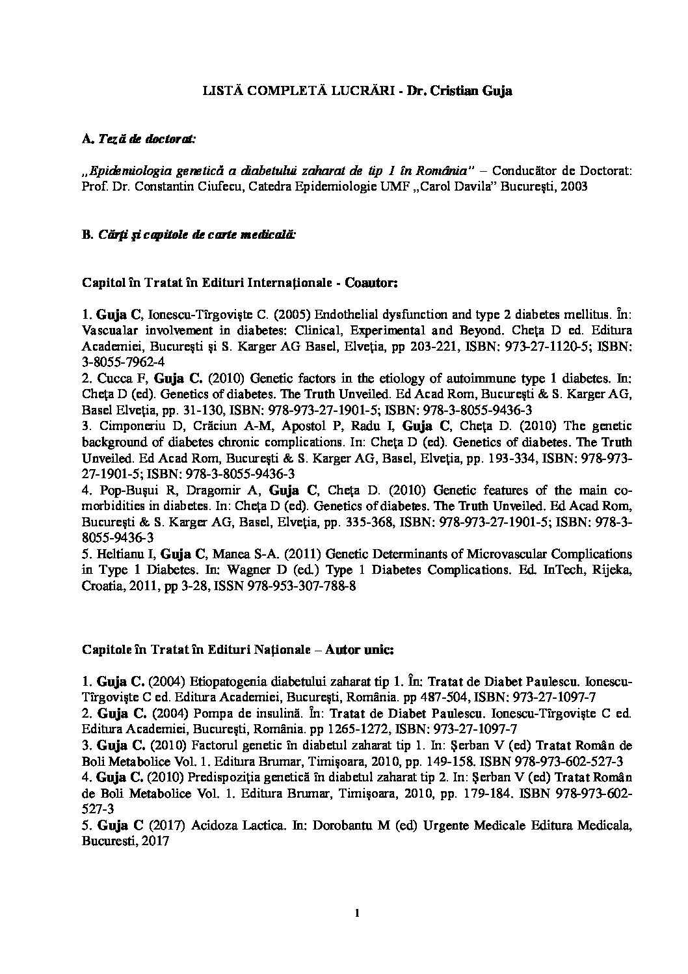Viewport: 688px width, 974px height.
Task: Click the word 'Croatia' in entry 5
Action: pyautogui.click(x=102, y=586)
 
